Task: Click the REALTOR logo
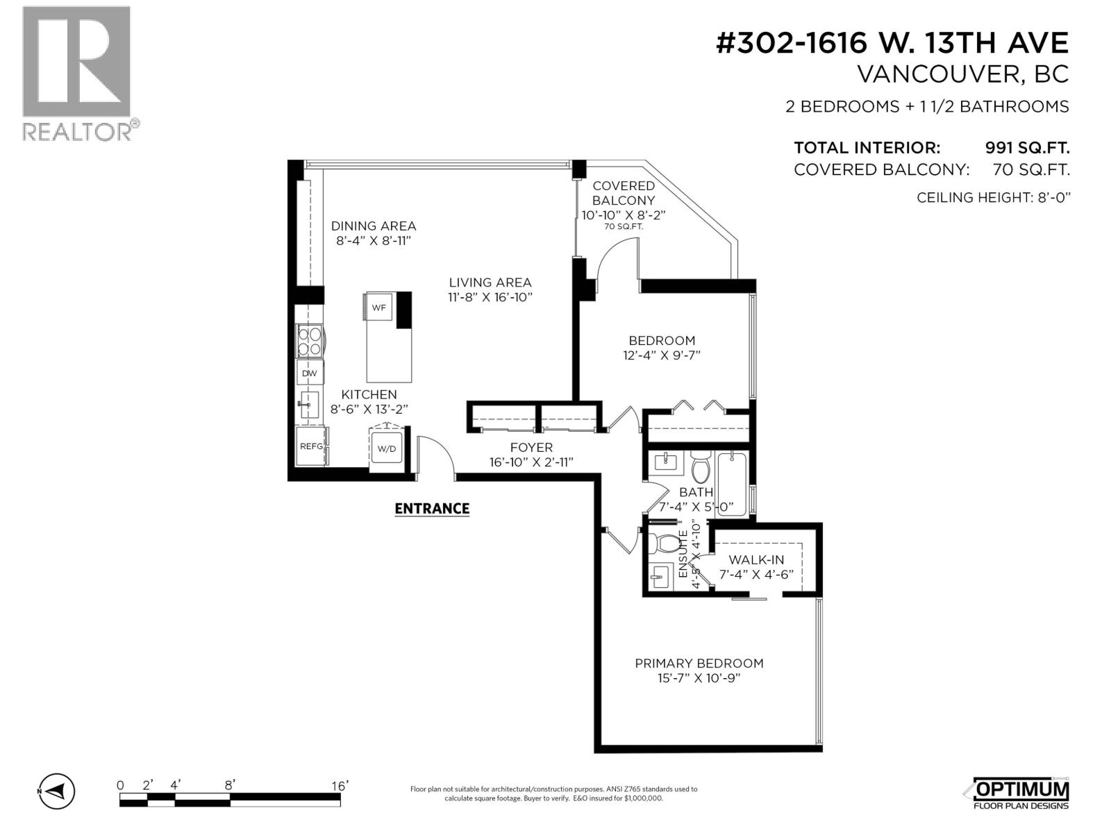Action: (76, 73)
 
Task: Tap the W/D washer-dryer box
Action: (386, 449)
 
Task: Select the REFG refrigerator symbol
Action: (311, 446)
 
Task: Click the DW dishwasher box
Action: (309, 373)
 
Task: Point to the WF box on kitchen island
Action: (378, 308)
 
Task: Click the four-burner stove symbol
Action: (309, 342)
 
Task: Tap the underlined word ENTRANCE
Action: (432, 509)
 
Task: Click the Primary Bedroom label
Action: (699, 664)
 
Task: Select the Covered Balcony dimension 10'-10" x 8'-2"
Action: (624, 215)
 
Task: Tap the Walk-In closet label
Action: (756, 559)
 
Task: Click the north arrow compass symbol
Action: (56, 791)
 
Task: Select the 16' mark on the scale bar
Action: (339, 786)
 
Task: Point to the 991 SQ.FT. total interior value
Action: (1027, 148)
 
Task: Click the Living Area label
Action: (490, 283)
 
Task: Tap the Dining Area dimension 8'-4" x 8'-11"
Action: (374, 241)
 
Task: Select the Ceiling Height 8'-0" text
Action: (994, 198)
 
